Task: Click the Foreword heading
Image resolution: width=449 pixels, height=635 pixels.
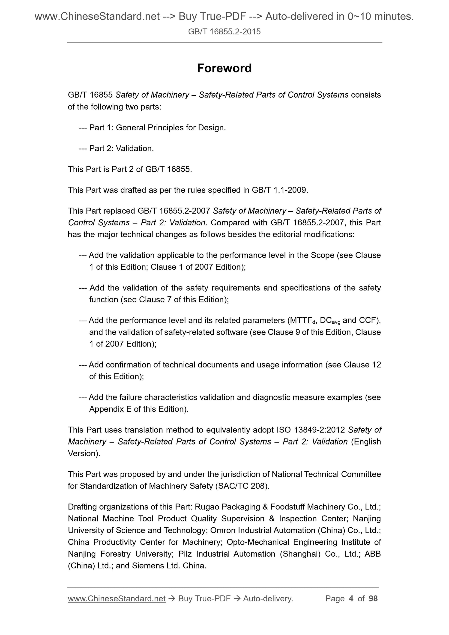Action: coord(224,68)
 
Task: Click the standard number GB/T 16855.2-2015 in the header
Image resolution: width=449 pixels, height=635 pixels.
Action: coord(224,32)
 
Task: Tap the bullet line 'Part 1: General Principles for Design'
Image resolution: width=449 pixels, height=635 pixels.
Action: coord(157,128)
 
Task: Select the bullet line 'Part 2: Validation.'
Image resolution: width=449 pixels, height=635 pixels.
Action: coord(121,149)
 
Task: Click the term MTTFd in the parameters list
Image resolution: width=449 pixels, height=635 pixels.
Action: coord(302,321)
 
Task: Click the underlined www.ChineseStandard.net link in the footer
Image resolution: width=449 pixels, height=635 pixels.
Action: coord(117,599)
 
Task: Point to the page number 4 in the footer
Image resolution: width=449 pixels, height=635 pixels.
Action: coord(351,599)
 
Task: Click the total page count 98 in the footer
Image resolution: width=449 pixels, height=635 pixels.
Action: coord(373,599)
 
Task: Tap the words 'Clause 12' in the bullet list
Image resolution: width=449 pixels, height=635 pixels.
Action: coord(362,365)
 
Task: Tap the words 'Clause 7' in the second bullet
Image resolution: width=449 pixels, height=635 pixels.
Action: coord(155,300)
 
